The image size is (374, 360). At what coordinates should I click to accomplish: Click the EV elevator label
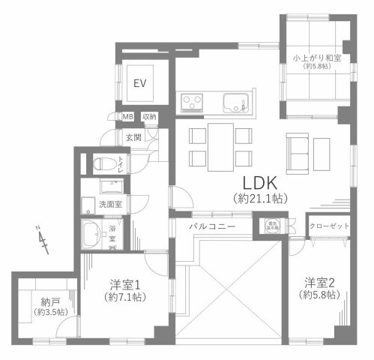140,83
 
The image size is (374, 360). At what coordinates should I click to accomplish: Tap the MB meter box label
129,117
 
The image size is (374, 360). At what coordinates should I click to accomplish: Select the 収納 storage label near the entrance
150,117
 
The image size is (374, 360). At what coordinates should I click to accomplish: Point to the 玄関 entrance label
133,137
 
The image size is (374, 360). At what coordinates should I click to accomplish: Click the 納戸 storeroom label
47,300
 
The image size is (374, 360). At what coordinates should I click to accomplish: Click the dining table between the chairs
220,146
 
